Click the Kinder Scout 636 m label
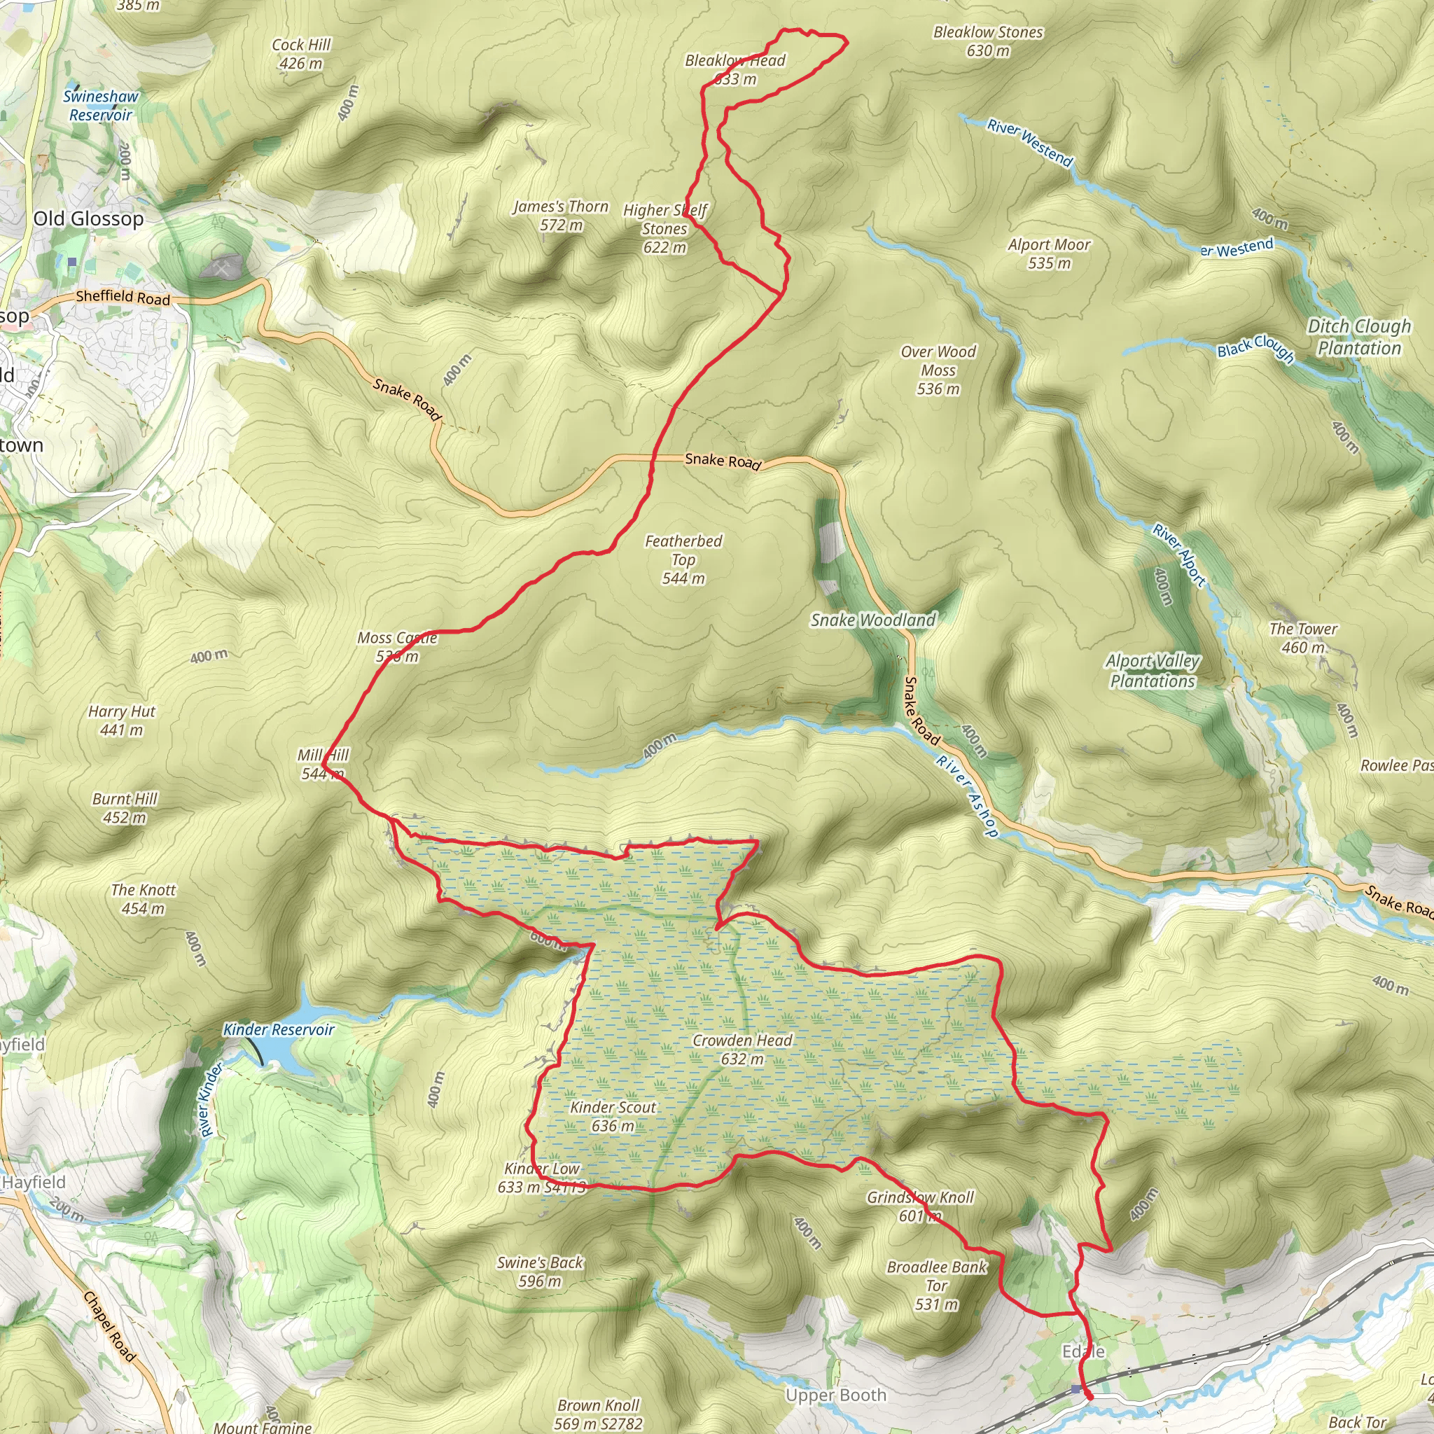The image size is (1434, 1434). [x=613, y=1116]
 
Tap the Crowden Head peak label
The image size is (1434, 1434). [x=742, y=1050]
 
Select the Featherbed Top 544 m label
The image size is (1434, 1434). [x=683, y=559]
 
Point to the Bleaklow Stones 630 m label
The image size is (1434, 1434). [x=988, y=41]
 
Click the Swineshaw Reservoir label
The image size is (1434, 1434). [x=100, y=106]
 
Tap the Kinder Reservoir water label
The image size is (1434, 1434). [x=279, y=1029]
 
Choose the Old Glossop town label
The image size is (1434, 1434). [x=88, y=219]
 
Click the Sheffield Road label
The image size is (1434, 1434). [x=123, y=297]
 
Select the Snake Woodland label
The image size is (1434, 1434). [x=873, y=620]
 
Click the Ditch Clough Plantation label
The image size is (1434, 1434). [x=1359, y=337]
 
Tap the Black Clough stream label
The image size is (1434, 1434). [x=1256, y=348]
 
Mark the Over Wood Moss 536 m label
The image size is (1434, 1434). [x=938, y=370]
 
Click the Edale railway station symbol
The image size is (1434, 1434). [x=1076, y=1388]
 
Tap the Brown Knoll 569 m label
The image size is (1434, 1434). [x=598, y=1414]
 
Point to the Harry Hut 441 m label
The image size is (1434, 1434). [x=122, y=720]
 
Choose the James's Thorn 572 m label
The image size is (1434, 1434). [x=560, y=215]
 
